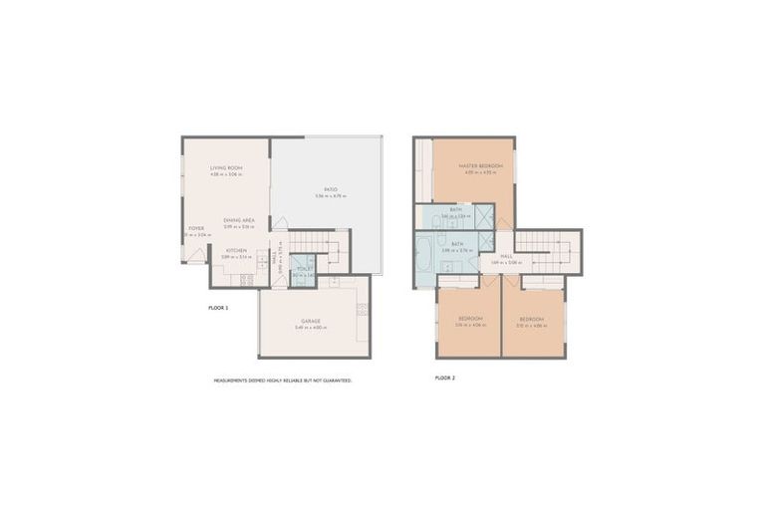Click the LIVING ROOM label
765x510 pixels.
coord(226,168)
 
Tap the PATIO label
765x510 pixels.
coord(329,189)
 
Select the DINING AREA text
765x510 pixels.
coord(239,219)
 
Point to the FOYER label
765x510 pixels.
coord(196,228)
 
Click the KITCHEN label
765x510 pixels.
coord(236,250)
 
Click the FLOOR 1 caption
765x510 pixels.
coord(218,308)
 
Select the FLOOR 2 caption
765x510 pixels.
coord(446,379)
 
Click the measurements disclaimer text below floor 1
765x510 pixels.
coord(283,381)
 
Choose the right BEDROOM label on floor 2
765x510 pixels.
coord(534,319)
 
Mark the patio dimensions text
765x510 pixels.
coord(329,197)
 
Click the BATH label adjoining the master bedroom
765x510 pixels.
coord(455,209)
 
